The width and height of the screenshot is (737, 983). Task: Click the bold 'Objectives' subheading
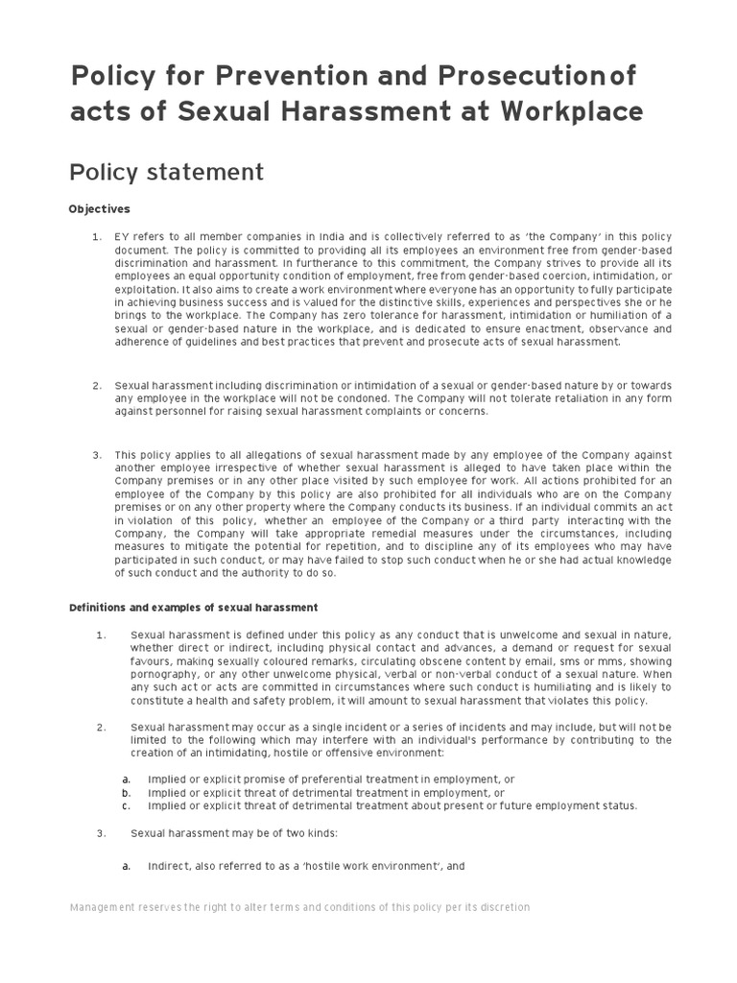click(99, 208)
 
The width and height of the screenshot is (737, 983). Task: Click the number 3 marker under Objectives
click(96, 454)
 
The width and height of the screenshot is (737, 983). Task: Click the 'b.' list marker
click(126, 793)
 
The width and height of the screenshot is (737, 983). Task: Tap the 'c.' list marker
click(126, 806)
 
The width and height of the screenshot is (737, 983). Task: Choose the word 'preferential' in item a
click(327, 779)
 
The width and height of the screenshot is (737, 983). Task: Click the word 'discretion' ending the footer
click(502, 907)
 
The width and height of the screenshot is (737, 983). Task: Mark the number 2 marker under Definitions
click(100, 727)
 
